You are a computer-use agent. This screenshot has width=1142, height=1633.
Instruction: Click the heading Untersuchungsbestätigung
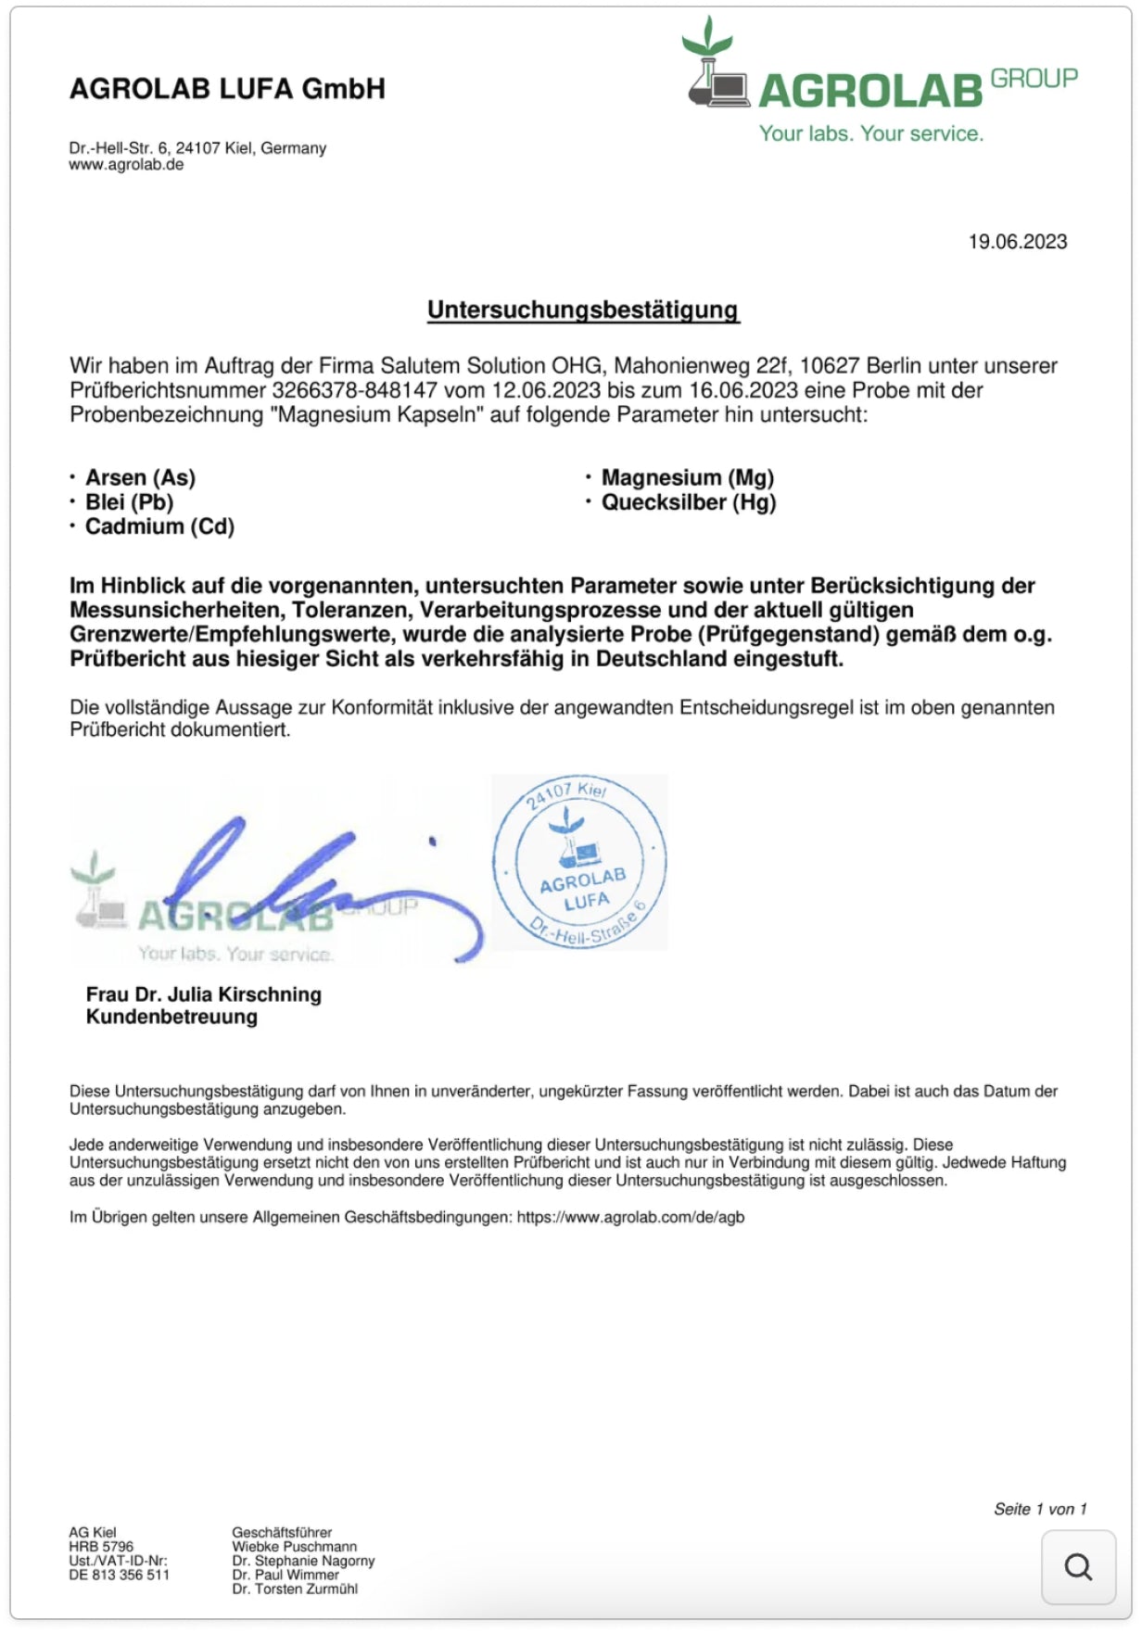click(582, 310)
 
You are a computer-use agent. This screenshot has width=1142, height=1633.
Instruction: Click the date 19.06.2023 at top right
click(1017, 242)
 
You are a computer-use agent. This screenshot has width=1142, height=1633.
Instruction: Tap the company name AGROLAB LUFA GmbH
click(227, 89)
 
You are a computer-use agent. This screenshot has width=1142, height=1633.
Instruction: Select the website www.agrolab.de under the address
click(126, 165)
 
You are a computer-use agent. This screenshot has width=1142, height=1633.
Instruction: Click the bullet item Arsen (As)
click(140, 477)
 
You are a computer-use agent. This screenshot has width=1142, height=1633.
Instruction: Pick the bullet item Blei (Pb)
click(129, 502)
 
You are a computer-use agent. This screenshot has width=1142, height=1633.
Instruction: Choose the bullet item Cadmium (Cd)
click(159, 526)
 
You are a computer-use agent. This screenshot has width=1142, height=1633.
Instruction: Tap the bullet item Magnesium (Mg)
click(687, 477)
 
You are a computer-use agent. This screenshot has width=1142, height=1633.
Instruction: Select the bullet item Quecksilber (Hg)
click(688, 502)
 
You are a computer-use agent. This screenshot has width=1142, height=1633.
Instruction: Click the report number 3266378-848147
click(354, 390)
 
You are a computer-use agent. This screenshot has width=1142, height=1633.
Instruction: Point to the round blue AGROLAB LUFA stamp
click(580, 862)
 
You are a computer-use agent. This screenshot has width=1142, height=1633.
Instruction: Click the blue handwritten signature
click(315, 880)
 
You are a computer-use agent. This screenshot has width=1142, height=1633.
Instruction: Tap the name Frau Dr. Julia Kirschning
click(204, 994)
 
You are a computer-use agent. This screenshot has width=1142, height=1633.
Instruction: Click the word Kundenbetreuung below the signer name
click(171, 1017)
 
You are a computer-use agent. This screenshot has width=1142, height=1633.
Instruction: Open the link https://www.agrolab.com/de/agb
click(630, 1217)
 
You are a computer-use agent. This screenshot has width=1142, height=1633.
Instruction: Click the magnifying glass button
click(1078, 1567)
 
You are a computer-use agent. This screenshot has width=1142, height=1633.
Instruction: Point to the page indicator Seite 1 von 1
click(1039, 1509)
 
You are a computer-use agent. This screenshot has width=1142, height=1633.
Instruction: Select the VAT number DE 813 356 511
click(119, 1575)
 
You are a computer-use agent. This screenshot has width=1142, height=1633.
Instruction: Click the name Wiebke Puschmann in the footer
click(294, 1547)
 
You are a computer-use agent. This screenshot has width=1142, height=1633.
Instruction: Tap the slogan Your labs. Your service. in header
click(870, 133)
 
